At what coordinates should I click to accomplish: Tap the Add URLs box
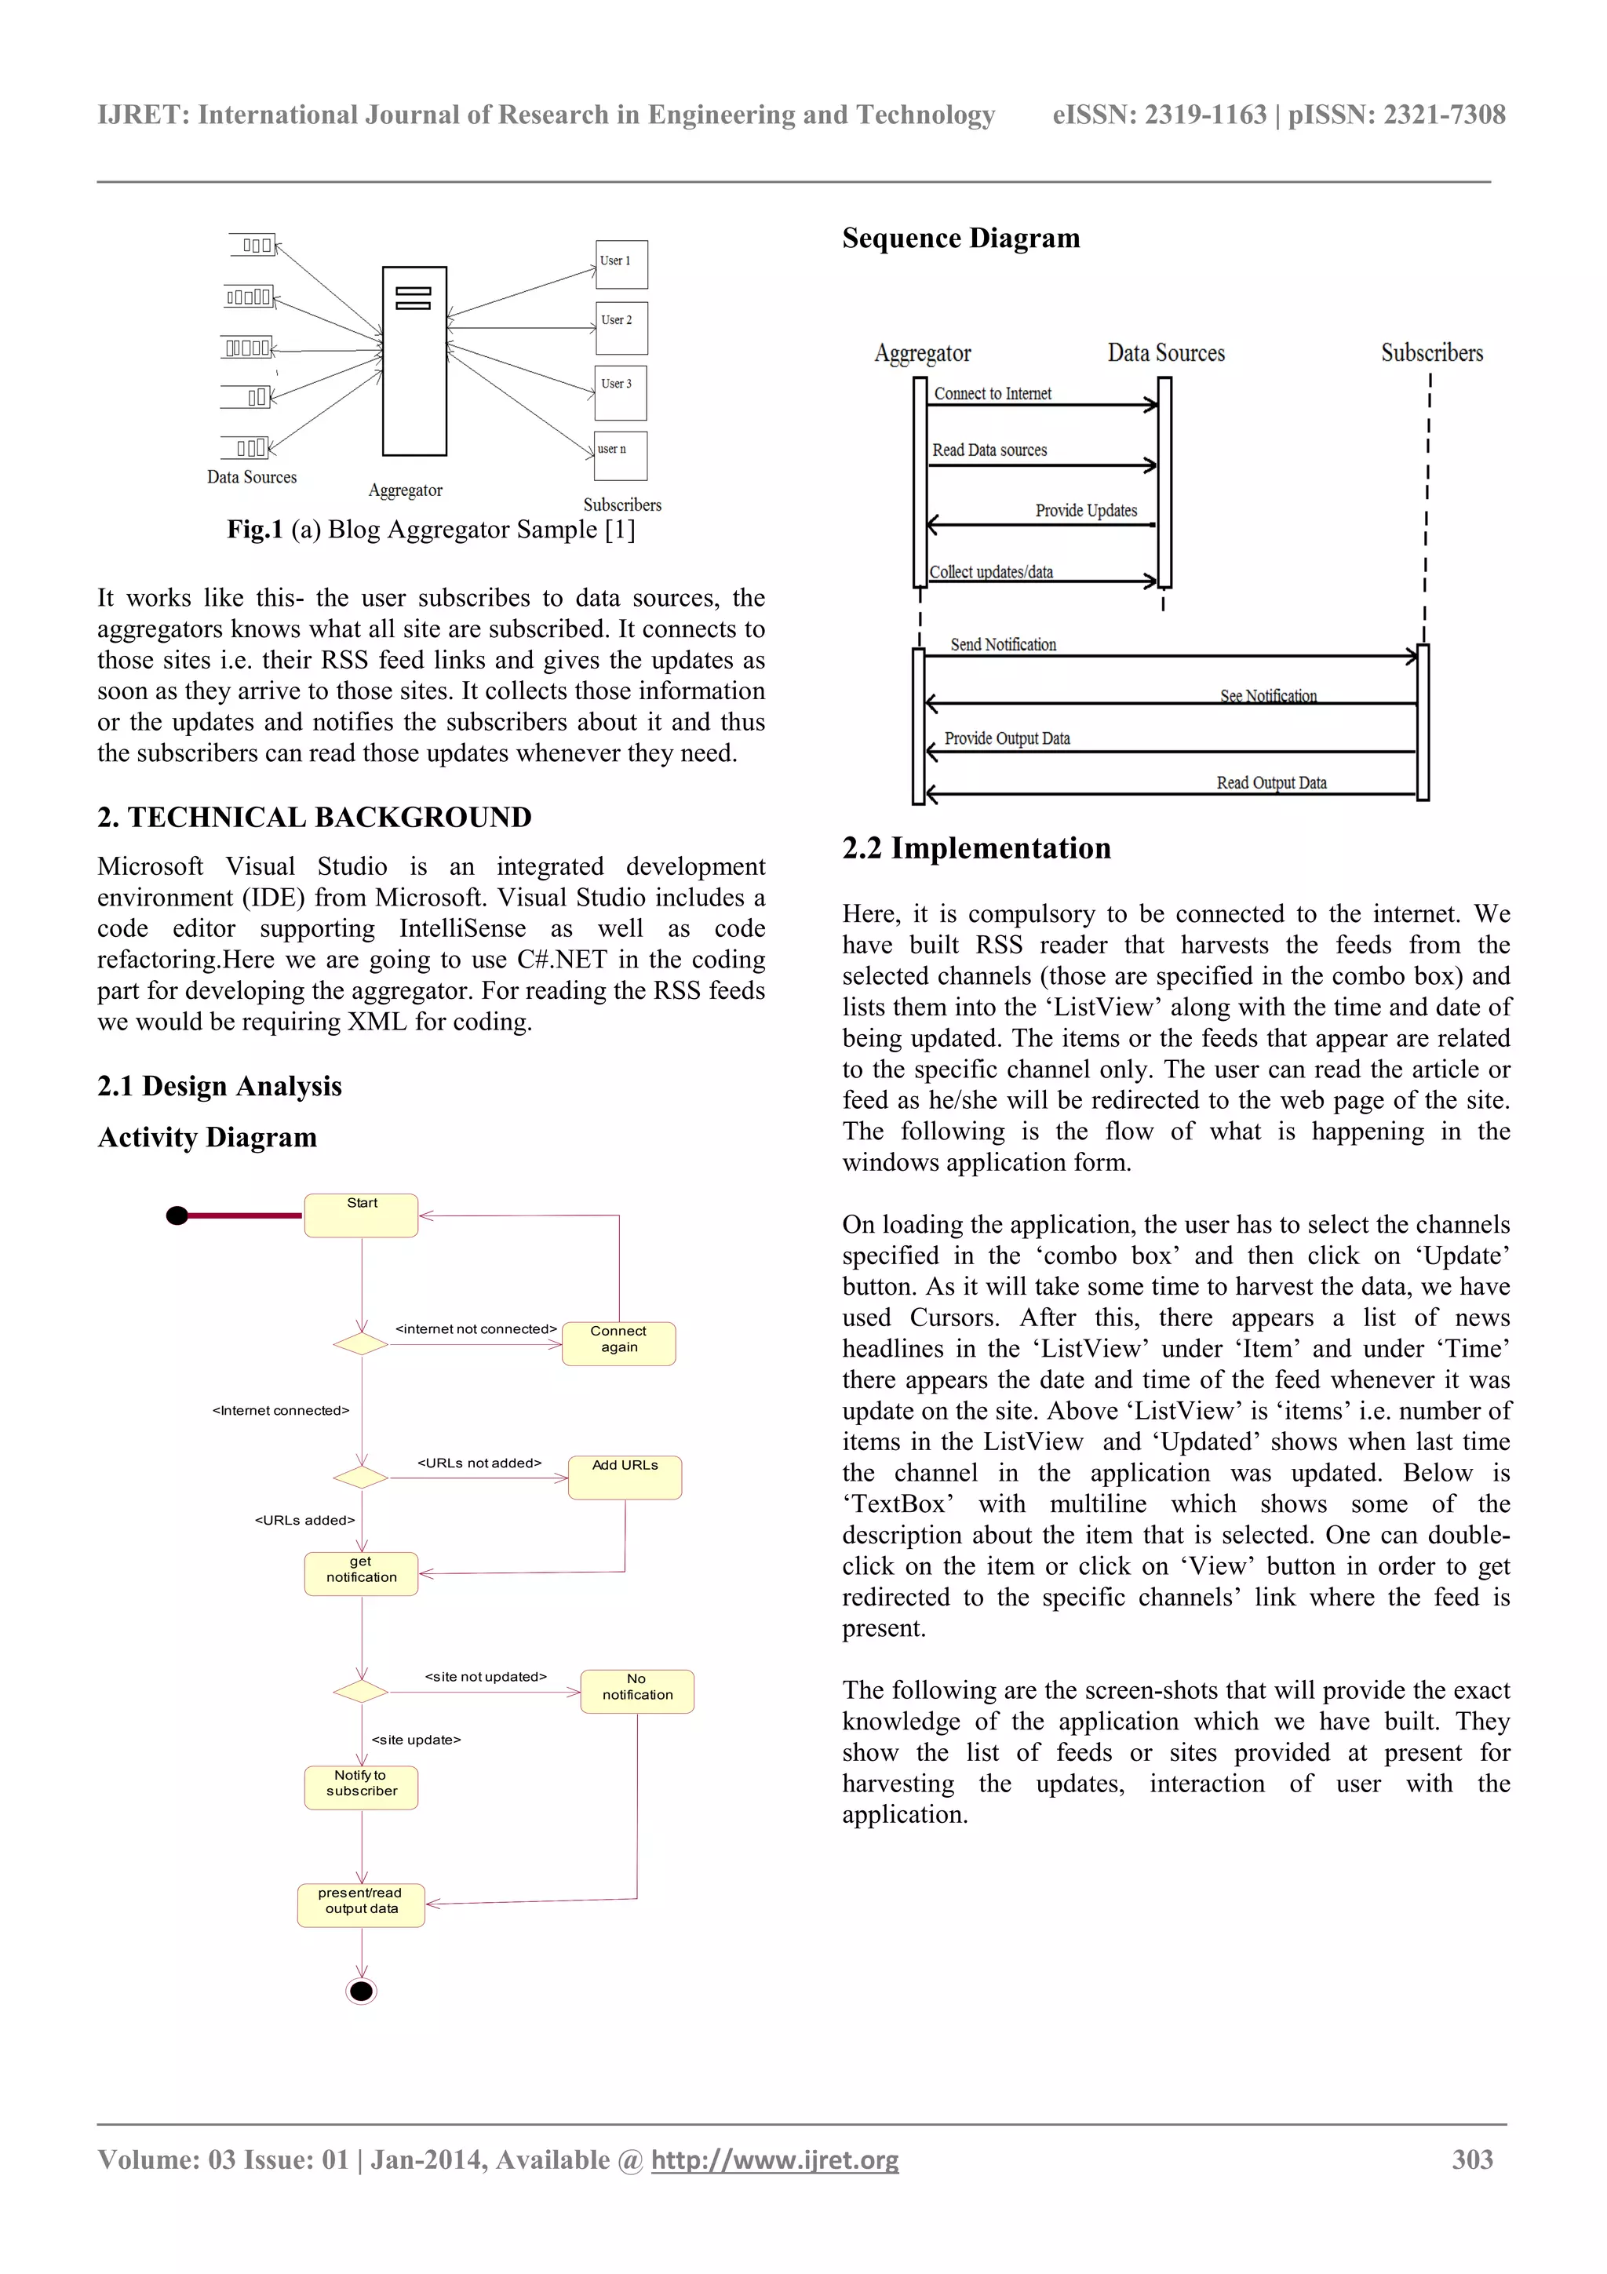point(624,1477)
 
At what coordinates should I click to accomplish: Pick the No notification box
point(636,1691)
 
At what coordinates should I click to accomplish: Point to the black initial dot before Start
point(177,1215)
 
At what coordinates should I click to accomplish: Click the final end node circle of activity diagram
point(362,1991)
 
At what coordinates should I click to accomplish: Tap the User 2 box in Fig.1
point(621,328)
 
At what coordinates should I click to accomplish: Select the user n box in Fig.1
point(620,456)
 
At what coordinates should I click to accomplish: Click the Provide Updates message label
point(1085,510)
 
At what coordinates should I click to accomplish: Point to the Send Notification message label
point(1002,645)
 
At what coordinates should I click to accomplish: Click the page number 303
point(1471,2159)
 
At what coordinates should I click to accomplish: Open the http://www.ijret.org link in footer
point(774,2160)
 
